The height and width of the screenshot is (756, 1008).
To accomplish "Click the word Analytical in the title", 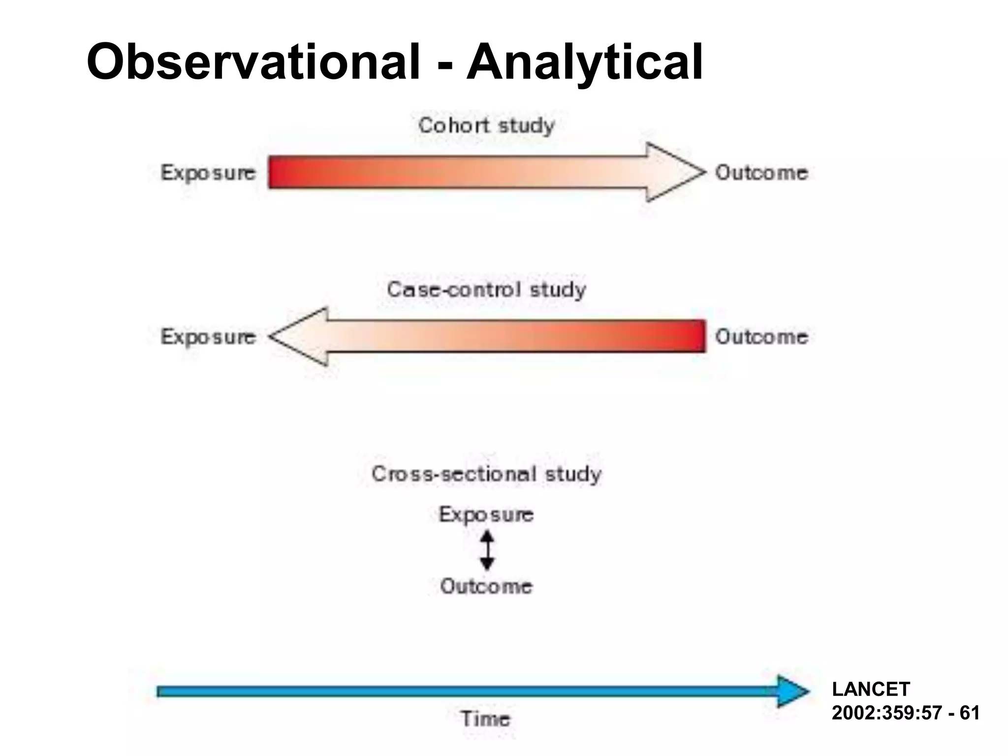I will (584, 62).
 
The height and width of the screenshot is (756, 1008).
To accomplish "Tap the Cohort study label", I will (486, 126).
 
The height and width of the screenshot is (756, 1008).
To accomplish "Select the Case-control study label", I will (486, 289).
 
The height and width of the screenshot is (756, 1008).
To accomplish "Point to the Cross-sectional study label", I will (486, 474).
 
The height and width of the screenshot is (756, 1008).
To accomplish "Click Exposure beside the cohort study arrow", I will (208, 173).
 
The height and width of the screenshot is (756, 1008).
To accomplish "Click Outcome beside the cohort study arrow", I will (761, 173).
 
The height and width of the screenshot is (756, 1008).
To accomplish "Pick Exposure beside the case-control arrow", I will (208, 337).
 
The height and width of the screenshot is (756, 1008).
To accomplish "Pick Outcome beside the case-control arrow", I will (761, 337).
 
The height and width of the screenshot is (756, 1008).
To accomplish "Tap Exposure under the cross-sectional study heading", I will (486, 514).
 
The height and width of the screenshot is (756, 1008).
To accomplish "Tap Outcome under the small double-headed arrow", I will (486, 586).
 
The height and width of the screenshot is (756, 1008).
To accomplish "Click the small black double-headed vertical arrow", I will (487, 550).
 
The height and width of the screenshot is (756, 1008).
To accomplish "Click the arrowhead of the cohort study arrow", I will (674, 172).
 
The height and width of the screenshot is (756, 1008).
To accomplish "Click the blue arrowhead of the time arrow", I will (791, 692).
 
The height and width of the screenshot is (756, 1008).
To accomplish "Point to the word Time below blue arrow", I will (485, 719).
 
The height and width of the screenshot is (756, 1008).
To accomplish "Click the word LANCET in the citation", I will (871, 690).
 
